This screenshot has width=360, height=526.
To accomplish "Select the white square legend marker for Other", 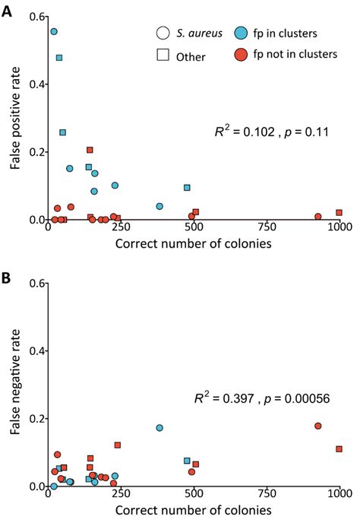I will pyautogui.click(x=163, y=56).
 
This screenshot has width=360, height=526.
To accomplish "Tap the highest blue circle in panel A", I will pyautogui.click(x=54, y=32).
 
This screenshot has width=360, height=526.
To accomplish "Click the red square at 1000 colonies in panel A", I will pyautogui.click(x=339, y=212).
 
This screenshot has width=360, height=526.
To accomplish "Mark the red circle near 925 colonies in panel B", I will pyautogui.click(x=317, y=426).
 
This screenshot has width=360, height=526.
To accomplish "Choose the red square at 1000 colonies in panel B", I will pyautogui.click(x=339, y=449).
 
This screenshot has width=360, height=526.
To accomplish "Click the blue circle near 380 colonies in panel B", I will pyautogui.click(x=159, y=428).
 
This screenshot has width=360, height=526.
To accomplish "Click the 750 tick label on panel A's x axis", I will pyautogui.click(x=267, y=229).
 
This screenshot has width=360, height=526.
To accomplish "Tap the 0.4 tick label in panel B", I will pyautogui.click(x=33, y=350).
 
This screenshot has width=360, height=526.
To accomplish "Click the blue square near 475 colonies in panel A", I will pyautogui.click(x=187, y=187).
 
